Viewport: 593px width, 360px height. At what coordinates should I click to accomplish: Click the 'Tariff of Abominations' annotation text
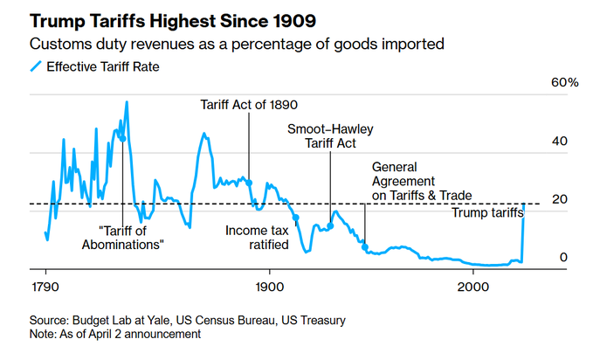click(131, 238)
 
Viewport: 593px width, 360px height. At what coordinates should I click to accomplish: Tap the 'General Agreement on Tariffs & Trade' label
click(421, 180)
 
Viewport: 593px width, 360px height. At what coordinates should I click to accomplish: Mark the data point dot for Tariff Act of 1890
click(250, 183)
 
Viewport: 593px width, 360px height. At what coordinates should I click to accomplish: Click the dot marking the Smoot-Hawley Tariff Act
click(330, 225)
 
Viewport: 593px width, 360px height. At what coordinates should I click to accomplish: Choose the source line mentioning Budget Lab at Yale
click(187, 321)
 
